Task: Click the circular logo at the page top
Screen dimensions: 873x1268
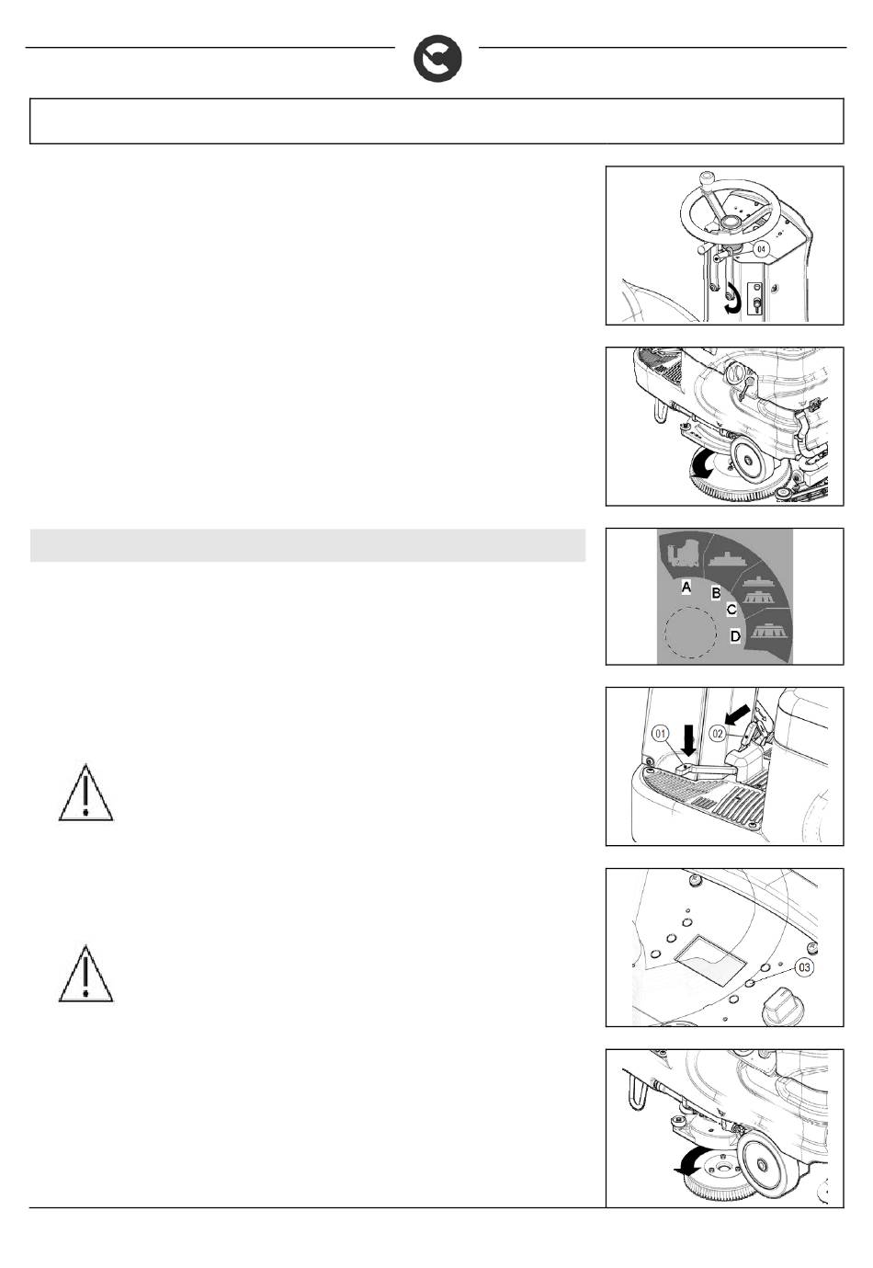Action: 437,60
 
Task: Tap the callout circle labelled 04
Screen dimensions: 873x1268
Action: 761,248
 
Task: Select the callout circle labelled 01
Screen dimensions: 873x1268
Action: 661,734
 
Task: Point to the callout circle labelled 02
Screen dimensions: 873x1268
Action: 717,734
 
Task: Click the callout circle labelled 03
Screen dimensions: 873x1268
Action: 803,967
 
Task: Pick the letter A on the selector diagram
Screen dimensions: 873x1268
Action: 686,587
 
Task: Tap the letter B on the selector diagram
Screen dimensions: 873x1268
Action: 716,593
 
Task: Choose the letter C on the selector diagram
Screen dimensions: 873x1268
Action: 731,610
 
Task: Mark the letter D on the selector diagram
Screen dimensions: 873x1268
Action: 735,635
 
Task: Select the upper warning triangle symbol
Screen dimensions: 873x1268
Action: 85,792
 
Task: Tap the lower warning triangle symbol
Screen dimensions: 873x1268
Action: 85,973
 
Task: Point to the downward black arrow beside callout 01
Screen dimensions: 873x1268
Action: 688,741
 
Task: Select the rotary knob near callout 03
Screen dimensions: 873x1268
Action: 778,1007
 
